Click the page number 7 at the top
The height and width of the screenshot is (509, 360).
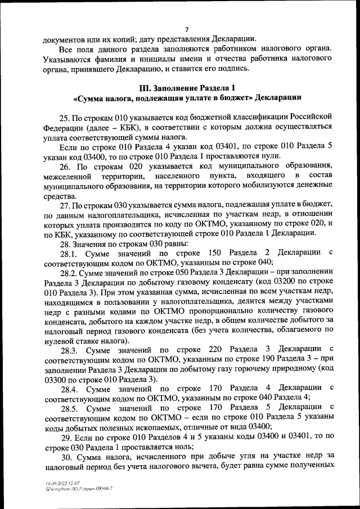point(187,30)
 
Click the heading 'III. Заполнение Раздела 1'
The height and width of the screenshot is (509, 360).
point(186,88)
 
